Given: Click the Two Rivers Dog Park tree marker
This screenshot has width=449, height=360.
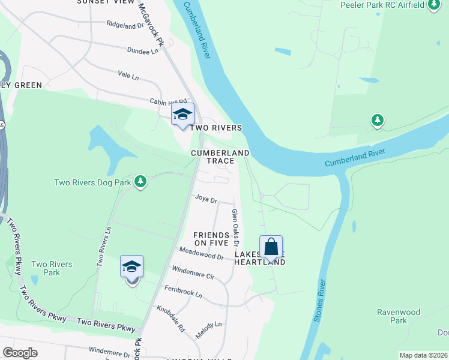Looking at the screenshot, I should tap(140, 181).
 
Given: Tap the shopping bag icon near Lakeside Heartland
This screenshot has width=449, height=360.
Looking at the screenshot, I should tap(271, 246).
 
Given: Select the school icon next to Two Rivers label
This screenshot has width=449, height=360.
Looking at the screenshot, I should tap(183, 114).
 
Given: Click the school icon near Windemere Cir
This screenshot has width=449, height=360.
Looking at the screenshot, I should tap(131, 266).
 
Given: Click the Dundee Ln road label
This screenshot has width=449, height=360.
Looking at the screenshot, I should tap(142, 51).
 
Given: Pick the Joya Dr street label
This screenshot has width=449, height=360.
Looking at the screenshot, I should tap(205, 199).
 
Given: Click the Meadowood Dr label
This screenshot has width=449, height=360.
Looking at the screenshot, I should tap(200, 253).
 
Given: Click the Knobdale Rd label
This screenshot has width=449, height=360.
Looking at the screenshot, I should tap(170, 320).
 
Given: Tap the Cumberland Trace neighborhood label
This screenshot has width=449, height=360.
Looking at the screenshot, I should tap(220, 157).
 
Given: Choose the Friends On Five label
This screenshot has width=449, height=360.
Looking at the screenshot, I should tap(211, 239).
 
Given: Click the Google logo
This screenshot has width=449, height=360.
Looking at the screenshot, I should tap(20, 353).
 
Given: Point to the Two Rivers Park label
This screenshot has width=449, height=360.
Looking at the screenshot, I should tap(52, 268).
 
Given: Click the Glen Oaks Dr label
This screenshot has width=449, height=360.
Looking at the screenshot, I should tap(235, 228).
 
